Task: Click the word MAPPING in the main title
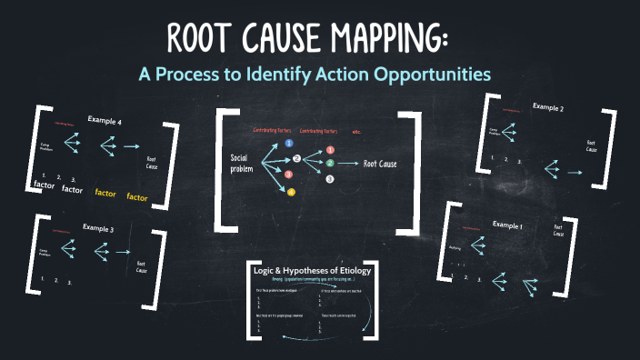[x=382, y=41]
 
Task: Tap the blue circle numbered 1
[x=289, y=144]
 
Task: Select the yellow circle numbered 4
[x=291, y=192]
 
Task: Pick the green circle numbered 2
[x=330, y=163]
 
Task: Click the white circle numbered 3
[x=330, y=179]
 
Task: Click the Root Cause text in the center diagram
[x=383, y=164]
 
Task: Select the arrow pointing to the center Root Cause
[x=349, y=164]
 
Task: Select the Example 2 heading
[x=548, y=107]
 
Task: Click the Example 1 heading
[x=509, y=223]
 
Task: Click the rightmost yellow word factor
[x=137, y=196]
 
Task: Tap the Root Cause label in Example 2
[x=591, y=146]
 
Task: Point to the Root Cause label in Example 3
[x=142, y=265]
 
